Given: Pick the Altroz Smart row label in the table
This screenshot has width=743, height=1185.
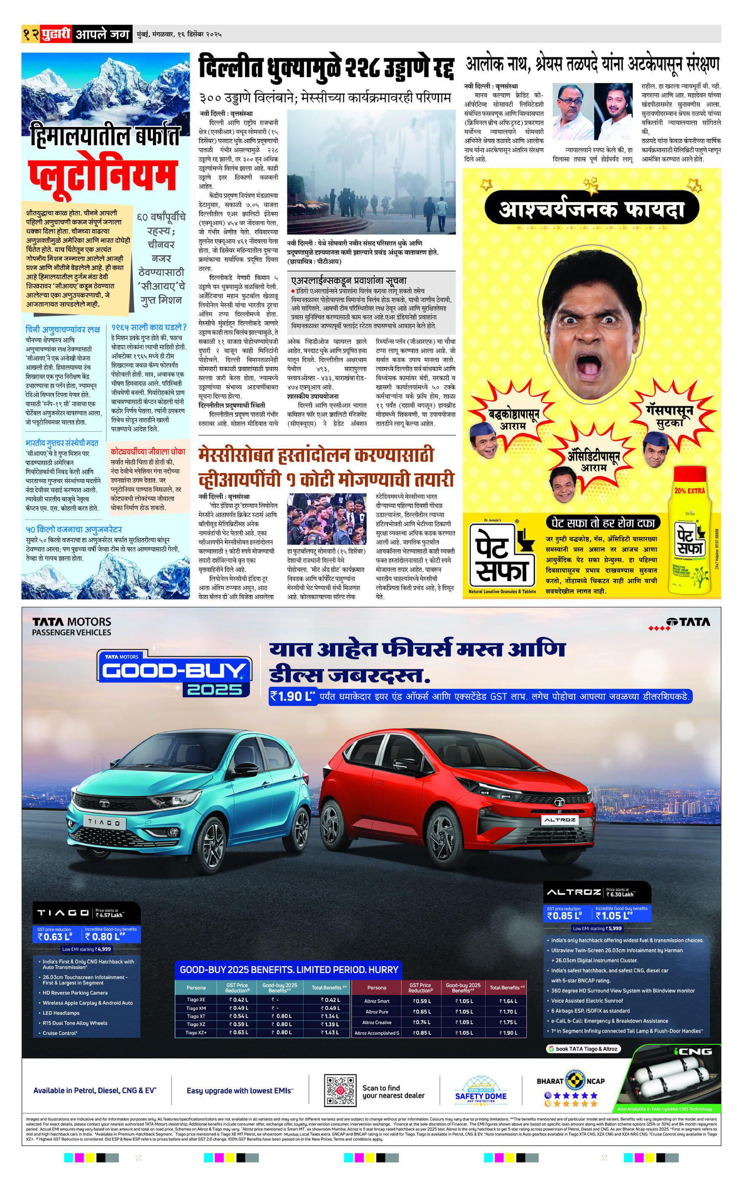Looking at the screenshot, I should (377, 1001).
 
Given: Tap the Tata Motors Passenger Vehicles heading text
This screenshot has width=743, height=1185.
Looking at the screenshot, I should (72, 627).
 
